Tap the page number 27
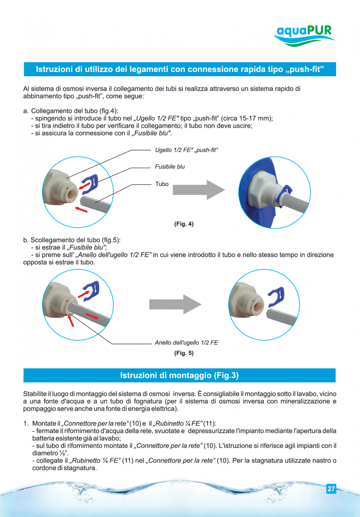point(331,489)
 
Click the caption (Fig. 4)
point(184,224)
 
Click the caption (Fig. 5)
point(184,353)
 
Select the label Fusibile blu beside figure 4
point(170,167)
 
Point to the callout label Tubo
point(162,184)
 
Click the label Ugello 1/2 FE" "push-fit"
point(186,150)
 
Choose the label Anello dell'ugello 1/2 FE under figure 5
point(186,343)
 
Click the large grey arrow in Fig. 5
point(175,304)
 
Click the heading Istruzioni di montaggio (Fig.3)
point(179,375)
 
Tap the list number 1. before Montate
point(26,424)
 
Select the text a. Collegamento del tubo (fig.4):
point(70,111)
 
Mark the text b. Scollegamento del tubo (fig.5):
point(72,240)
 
